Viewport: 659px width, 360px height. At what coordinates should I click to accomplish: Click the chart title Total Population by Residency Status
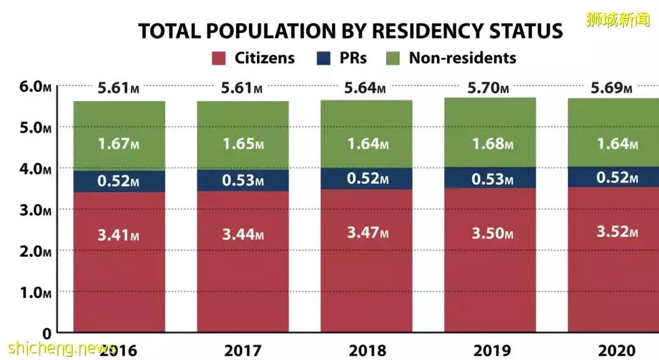pyautogui.click(x=350, y=31)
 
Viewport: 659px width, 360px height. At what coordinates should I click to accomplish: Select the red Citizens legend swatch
pyautogui.click(x=220, y=59)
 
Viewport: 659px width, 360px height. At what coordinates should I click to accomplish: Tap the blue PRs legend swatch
pyautogui.click(x=323, y=59)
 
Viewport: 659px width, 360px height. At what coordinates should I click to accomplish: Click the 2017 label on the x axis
pyautogui.click(x=243, y=351)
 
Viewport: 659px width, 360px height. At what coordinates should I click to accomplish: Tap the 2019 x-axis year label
pyautogui.click(x=491, y=351)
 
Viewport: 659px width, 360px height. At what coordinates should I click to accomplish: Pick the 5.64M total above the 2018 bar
pyautogui.click(x=365, y=88)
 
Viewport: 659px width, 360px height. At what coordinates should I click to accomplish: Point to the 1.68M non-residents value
pyautogui.click(x=492, y=145)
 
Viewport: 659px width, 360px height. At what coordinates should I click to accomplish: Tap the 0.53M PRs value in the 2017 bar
pyautogui.click(x=243, y=181)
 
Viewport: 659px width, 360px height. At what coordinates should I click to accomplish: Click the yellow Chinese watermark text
pyautogui.click(x=618, y=20)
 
